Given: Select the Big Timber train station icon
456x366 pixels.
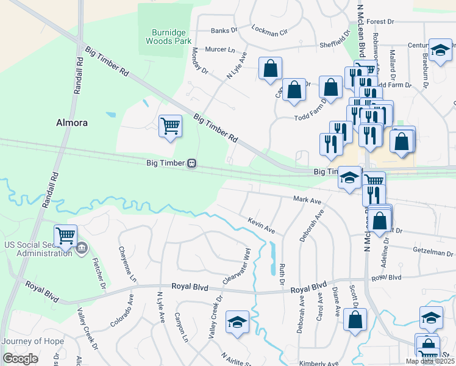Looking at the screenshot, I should coord(191,163).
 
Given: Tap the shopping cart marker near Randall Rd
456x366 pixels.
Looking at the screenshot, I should coord(65,235).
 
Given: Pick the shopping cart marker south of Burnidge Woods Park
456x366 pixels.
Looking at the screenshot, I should coord(170,126).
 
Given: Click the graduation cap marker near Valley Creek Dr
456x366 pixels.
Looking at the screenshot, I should coord(237,321).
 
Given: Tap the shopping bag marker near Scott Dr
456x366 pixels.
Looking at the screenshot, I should coord(354,319).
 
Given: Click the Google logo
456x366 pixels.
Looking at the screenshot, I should coord(20,358).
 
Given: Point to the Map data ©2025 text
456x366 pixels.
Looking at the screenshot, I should coord(430,361).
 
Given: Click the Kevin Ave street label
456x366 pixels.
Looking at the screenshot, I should coord(261,225).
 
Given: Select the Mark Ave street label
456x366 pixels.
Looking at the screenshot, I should coord(307,199).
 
